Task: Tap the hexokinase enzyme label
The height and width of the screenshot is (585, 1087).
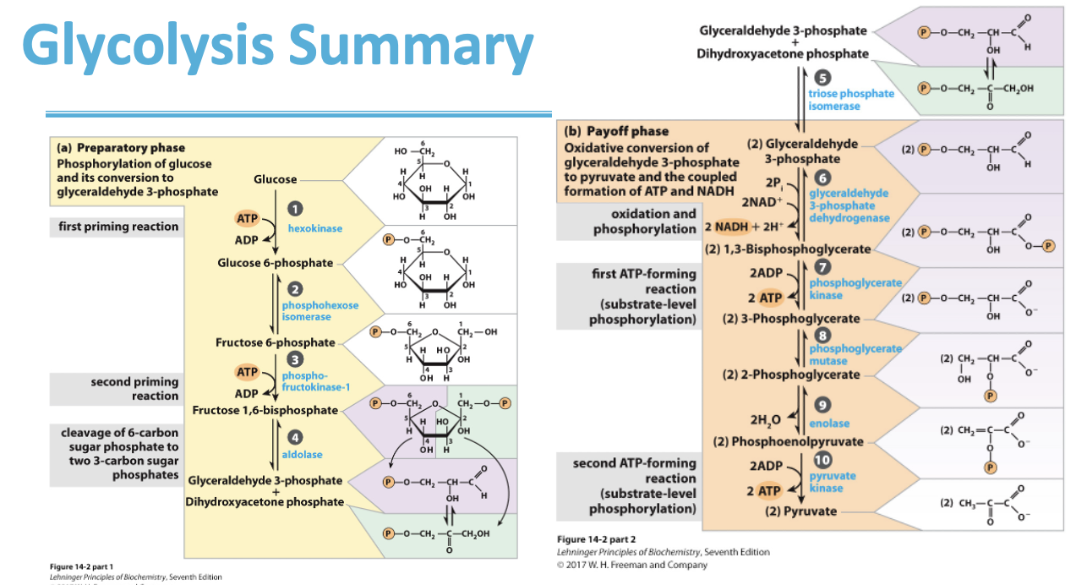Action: pyautogui.click(x=314, y=229)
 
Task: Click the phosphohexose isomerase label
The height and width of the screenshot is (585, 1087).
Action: pyautogui.click(x=320, y=310)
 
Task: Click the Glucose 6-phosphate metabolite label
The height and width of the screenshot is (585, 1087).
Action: pyautogui.click(x=275, y=263)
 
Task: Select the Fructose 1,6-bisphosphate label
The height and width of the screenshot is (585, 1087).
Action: pyautogui.click(x=265, y=411)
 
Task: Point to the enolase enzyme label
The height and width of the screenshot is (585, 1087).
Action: pyautogui.click(x=829, y=423)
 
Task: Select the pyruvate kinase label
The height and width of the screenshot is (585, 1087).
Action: pyautogui.click(x=832, y=482)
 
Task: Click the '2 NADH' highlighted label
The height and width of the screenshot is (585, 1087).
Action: pyautogui.click(x=725, y=227)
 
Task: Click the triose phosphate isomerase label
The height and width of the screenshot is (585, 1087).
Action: pyautogui.click(x=850, y=100)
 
